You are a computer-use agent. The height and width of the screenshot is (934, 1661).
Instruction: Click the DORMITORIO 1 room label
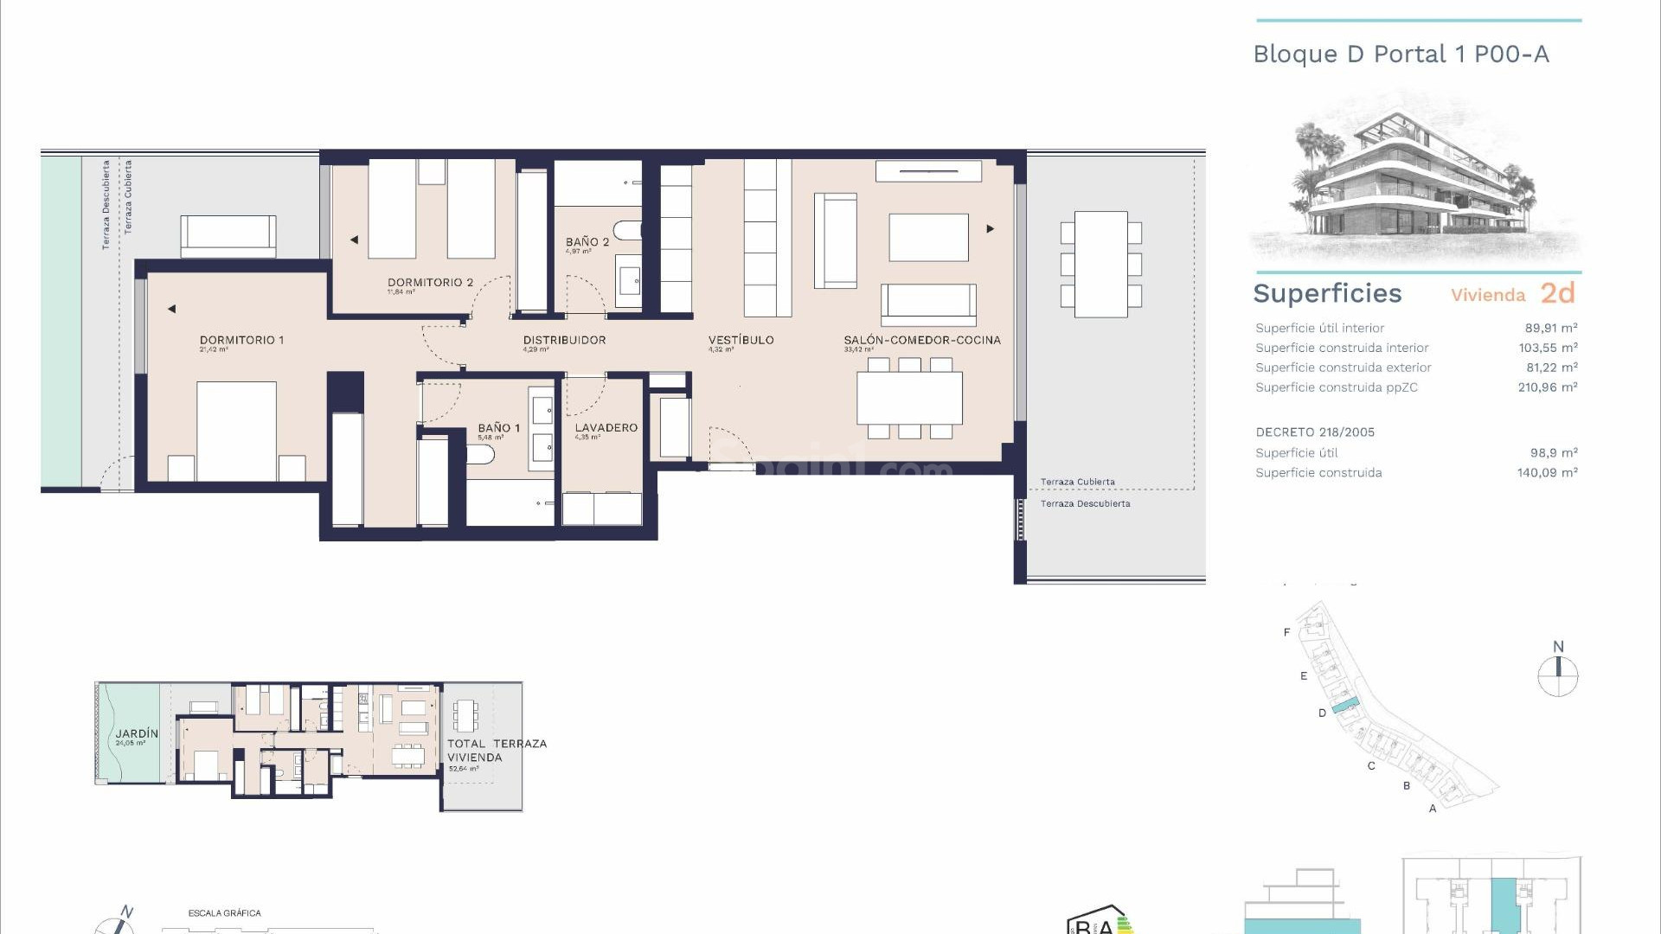click(241, 340)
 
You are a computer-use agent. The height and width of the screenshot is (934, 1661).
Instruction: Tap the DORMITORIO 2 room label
click(430, 282)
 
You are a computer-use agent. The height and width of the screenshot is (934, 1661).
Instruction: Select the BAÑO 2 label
click(587, 242)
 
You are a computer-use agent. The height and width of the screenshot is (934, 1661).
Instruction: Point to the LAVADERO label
click(606, 427)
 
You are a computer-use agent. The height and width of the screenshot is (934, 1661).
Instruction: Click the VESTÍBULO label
click(741, 340)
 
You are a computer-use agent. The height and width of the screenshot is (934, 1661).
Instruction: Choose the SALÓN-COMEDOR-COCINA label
click(921, 340)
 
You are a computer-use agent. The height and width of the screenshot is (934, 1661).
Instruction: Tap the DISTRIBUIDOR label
click(564, 340)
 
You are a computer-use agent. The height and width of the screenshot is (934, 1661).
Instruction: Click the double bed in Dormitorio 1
click(236, 430)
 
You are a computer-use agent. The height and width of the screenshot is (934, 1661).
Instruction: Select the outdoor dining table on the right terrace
click(1100, 264)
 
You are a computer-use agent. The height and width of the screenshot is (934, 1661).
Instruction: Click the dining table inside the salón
click(909, 398)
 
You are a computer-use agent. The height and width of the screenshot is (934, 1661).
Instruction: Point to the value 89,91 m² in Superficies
click(1550, 328)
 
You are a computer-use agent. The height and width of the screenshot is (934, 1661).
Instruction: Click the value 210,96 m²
click(1547, 387)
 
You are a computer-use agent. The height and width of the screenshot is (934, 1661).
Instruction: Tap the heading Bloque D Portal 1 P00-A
click(1401, 54)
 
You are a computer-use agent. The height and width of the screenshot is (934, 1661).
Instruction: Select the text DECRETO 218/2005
click(1314, 432)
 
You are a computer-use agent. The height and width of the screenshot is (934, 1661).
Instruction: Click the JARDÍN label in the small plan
click(137, 733)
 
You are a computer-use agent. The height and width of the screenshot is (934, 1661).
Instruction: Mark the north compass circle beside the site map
click(1557, 675)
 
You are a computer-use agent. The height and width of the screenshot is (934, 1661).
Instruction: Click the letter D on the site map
click(1322, 713)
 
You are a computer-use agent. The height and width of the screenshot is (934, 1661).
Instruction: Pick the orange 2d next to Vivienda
click(1557, 293)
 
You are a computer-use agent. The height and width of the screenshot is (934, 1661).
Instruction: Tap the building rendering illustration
click(1415, 177)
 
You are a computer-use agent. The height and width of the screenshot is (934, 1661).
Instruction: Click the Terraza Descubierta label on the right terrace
click(1085, 503)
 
